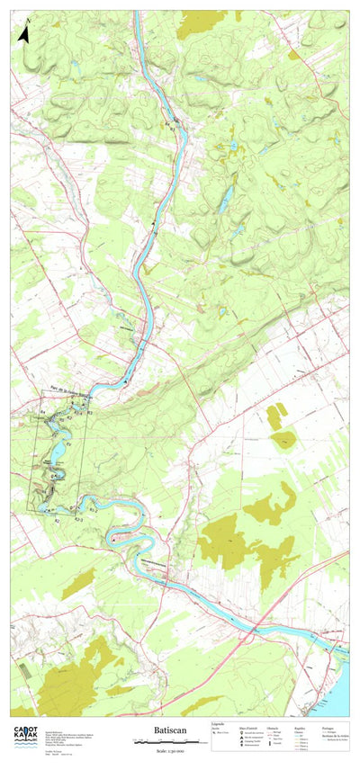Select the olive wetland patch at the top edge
200,23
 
